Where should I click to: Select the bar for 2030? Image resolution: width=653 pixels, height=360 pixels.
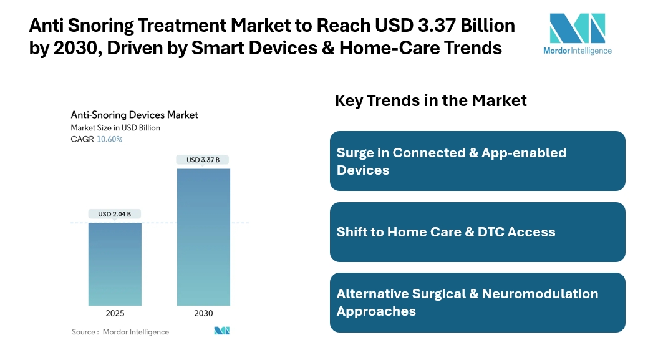point(203,236)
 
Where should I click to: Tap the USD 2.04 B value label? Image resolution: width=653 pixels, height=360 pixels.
point(115,214)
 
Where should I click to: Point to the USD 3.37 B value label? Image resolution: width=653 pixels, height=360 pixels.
point(203,160)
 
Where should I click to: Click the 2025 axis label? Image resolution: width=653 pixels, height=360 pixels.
point(115,313)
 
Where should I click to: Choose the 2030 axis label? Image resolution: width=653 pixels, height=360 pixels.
point(203,313)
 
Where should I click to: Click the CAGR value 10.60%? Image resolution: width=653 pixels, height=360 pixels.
point(110,139)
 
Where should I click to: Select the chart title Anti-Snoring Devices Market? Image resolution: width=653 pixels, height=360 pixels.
point(134,115)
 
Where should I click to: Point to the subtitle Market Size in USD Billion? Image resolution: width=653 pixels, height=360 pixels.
point(115,128)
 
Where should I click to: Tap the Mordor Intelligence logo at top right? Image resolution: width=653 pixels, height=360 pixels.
point(578,34)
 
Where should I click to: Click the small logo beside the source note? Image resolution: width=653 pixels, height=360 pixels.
point(223,331)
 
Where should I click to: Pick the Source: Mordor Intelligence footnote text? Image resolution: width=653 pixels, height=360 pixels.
point(120,332)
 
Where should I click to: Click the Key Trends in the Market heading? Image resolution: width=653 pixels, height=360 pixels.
point(431,100)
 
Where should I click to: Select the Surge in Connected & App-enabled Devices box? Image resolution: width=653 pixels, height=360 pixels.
point(477,161)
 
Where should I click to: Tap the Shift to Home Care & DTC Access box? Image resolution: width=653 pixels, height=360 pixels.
point(477,232)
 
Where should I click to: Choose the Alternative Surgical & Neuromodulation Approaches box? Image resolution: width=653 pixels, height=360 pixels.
point(477,303)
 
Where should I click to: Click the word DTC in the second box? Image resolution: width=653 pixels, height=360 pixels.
point(487,232)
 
